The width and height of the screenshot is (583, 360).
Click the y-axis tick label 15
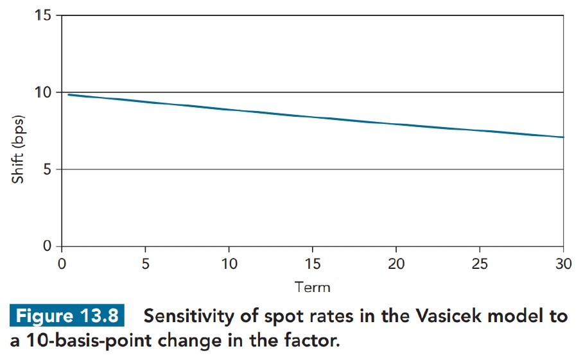pyautogui.click(x=44, y=15)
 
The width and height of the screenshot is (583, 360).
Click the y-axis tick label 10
pyautogui.click(x=44, y=92)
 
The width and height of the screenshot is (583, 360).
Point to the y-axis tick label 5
pyautogui.click(x=48, y=169)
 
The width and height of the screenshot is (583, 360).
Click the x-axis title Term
pyautogui.click(x=312, y=286)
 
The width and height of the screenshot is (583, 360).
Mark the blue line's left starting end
pyautogui.click(x=68, y=95)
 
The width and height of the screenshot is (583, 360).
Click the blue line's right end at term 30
pyautogui.click(x=563, y=137)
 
